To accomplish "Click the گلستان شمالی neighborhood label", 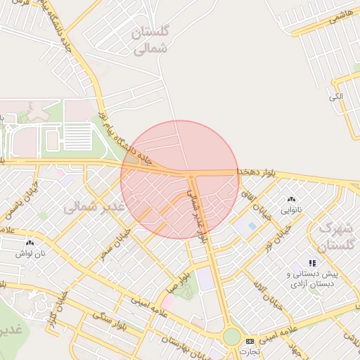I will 152,39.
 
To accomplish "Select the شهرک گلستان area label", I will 333,237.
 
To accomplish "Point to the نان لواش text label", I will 31,252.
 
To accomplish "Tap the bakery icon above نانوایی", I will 291,200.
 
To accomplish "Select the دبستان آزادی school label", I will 312,284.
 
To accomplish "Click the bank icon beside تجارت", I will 249,341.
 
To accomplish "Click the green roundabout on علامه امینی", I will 231,337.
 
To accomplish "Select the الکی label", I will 337,96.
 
